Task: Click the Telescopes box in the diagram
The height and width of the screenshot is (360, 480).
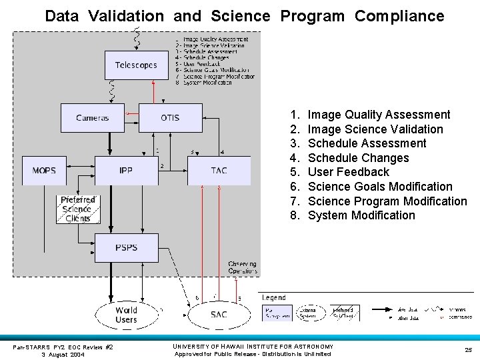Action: [136, 65]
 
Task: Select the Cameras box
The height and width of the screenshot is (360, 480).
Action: [93, 118]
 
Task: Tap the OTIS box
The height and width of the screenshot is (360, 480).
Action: [170, 118]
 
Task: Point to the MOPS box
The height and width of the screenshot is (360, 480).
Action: [44, 171]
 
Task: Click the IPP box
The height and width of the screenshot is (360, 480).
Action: [126, 171]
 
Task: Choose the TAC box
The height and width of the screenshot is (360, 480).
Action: [219, 171]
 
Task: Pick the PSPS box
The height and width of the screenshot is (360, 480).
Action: [126, 247]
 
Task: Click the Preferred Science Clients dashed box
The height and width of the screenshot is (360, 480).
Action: [77, 209]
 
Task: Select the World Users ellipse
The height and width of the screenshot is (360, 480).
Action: [126, 315]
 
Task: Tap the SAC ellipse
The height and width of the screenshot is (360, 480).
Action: [219, 315]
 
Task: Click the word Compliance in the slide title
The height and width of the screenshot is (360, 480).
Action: [399, 16]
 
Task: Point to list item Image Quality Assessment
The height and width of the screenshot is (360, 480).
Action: [379, 115]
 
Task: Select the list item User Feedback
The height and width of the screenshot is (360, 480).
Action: [348, 172]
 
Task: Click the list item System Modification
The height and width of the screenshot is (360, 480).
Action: [361, 215]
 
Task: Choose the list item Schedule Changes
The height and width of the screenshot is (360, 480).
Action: [358, 158]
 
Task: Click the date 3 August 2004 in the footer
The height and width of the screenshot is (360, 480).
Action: [63, 355]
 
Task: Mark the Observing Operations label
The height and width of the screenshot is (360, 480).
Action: [242, 268]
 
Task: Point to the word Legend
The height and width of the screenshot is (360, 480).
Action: [274, 297]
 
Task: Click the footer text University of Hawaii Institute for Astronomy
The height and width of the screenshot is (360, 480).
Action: [252, 346]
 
